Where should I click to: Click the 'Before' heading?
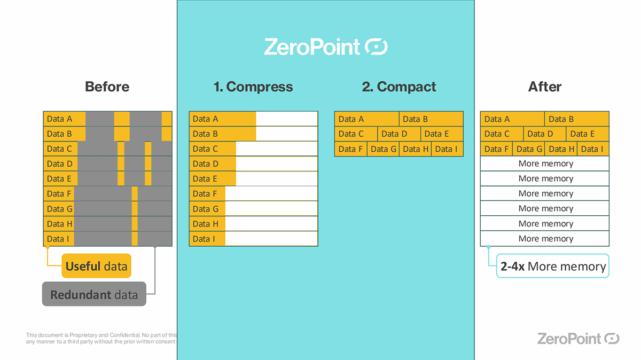(107, 87)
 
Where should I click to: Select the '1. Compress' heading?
(253, 87)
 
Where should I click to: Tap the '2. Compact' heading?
(399, 87)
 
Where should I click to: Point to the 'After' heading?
(545, 87)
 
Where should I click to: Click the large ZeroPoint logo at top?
(326, 47)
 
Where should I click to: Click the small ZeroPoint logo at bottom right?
(578, 338)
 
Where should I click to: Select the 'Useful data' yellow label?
(96, 266)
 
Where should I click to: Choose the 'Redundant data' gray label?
(94, 294)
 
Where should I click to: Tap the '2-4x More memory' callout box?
(553, 266)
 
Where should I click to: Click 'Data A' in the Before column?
(59, 119)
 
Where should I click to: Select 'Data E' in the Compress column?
(205, 178)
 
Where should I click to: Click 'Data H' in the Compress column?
(205, 224)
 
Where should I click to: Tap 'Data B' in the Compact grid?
(415, 119)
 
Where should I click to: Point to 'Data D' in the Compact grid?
(394, 134)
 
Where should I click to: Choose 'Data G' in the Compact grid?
(384, 149)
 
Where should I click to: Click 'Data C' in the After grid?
(497, 134)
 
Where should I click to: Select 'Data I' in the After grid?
(592, 149)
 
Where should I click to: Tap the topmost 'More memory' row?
(545, 163)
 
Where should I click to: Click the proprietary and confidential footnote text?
(101, 338)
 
